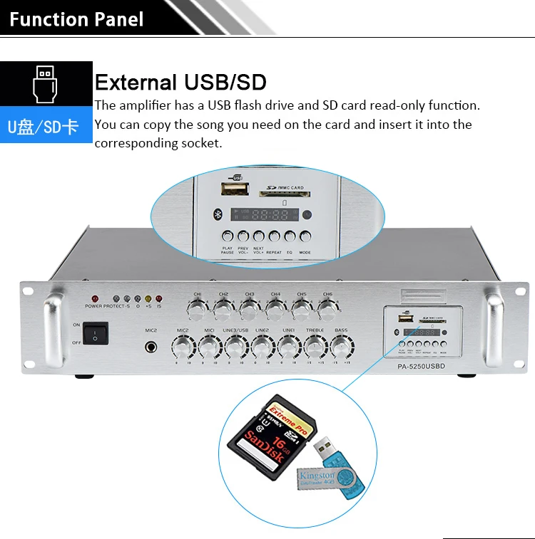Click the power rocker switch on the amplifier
click(95, 333)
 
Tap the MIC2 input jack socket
click(151, 347)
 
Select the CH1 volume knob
click(198, 308)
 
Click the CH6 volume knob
click(327, 308)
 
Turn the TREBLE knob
click(315, 347)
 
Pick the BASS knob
click(341, 347)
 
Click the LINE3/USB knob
click(235, 347)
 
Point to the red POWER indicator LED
click(94, 299)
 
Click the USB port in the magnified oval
click(235, 189)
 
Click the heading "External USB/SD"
click(180, 83)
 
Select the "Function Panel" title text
click(76, 19)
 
